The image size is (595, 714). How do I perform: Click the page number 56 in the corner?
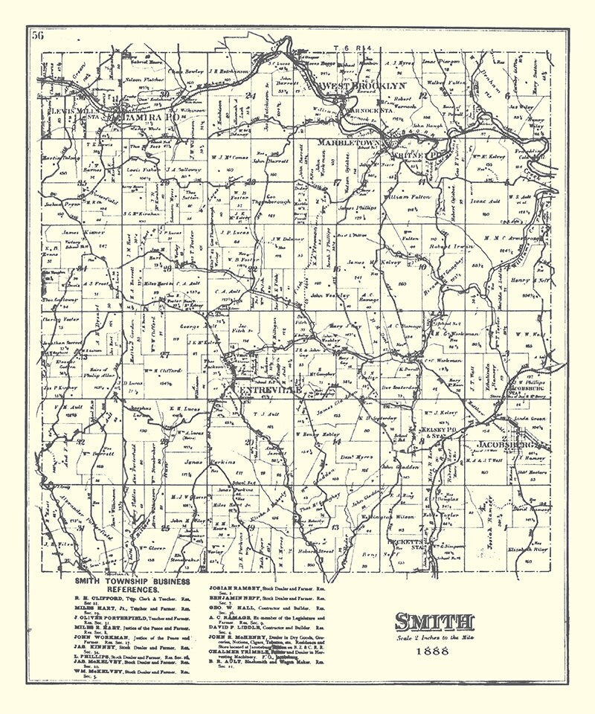[x=37, y=33]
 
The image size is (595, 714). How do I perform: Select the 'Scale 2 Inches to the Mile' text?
[x=435, y=637]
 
